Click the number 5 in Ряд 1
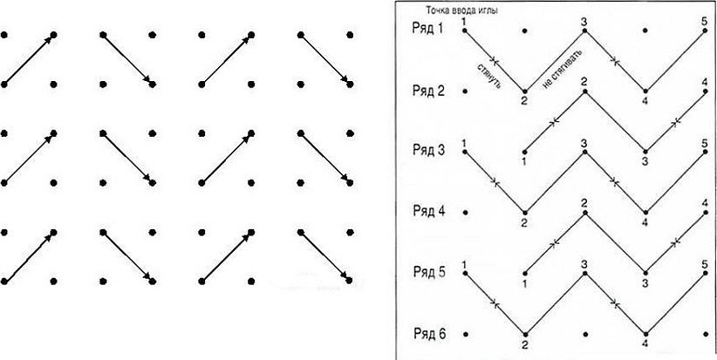(x=705, y=20)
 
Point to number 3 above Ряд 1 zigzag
(x=584, y=20)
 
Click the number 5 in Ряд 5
(x=705, y=263)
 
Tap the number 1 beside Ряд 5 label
(x=465, y=263)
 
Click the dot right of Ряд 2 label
(x=465, y=91)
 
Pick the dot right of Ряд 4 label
(x=465, y=212)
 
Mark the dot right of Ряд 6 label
(x=465, y=333)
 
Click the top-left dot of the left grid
(x=4, y=35)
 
